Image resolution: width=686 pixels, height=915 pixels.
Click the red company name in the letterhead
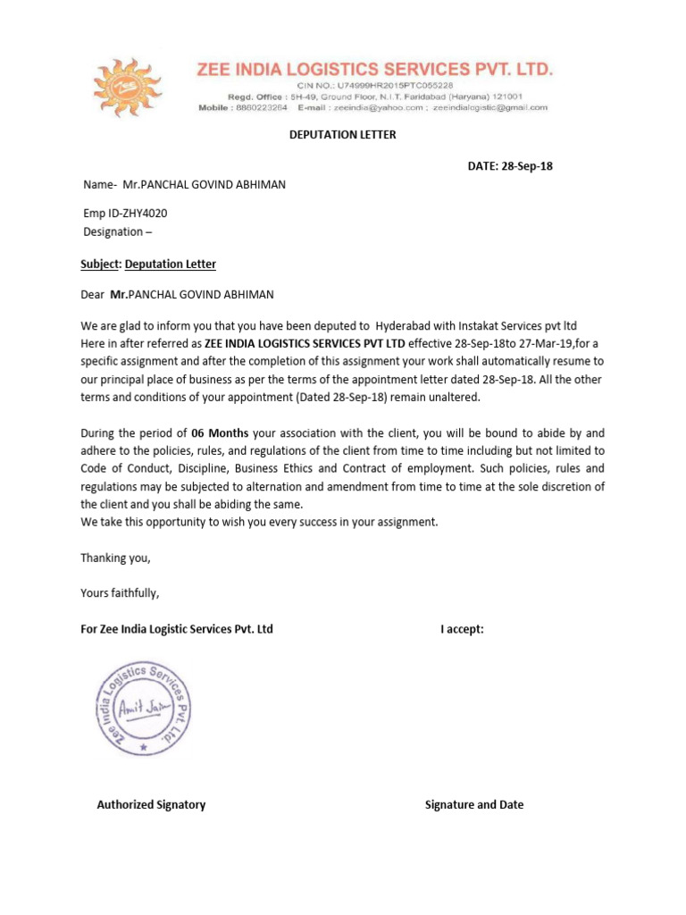(375, 69)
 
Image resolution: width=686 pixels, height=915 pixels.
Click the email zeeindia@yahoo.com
(379, 107)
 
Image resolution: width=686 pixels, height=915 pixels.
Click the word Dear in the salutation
(93, 294)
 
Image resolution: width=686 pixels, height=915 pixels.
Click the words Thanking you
(116, 558)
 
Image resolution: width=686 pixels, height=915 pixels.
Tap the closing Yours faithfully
(120, 593)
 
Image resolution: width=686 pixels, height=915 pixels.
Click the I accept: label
(462, 629)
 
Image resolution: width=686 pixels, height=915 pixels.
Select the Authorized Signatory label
(151, 804)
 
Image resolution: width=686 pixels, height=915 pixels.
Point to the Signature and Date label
(474, 804)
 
